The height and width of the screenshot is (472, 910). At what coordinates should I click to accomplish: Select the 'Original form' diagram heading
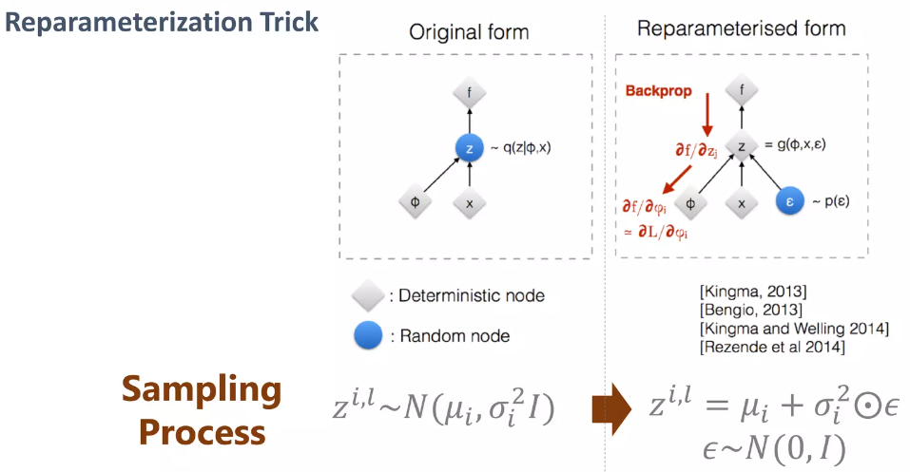click(x=469, y=32)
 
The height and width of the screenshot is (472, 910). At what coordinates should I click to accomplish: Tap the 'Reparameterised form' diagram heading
click(x=741, y=28)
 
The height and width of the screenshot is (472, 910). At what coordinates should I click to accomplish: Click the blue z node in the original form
click(x=470, y=148)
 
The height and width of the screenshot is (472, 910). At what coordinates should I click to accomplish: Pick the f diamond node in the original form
click(x=470, y=94)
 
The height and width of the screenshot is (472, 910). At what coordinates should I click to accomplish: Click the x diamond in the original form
click(x=470, y=202)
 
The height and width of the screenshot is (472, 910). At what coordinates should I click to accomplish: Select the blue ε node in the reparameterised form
click(x=790, y=202)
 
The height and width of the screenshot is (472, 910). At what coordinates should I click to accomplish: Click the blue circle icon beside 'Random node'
click(x=367, y=335)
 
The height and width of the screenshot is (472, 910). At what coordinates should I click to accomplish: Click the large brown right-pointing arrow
click(x=613, y=409)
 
